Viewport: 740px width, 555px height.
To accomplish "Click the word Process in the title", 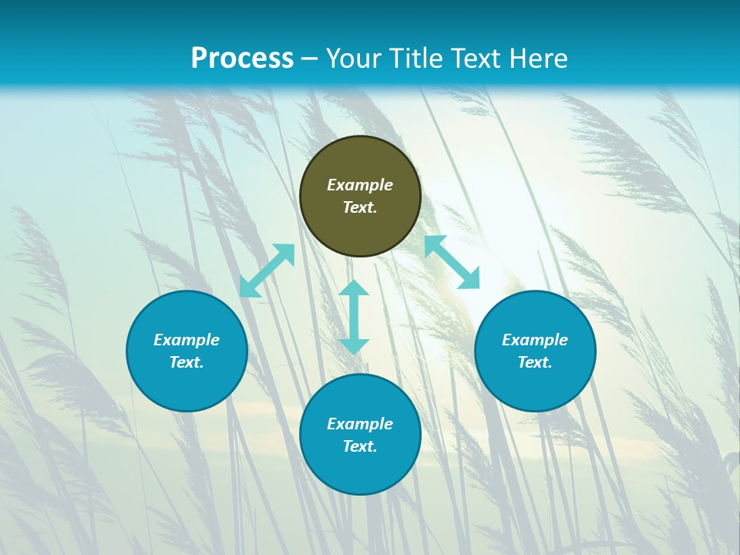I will [x=242, y=59].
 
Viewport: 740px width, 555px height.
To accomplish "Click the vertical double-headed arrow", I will [x=354, y=317].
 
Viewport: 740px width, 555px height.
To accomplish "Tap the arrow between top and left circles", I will [x=267, y=271].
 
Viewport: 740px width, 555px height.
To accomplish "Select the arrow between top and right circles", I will [x=452, y=262].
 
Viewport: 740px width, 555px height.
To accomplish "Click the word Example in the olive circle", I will [x=360, y=185].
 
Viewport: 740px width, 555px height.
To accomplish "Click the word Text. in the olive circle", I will [x=360, y=207].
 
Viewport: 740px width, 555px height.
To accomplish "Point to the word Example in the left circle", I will [x=187, y=340].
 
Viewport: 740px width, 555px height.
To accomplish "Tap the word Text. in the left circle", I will [x=187, y=362].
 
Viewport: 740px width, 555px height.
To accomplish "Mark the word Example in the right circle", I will [x=535, y=340].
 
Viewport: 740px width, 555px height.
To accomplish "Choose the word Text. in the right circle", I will [x=535, y=362].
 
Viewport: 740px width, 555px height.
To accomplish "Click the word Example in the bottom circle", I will [x=360, y=424].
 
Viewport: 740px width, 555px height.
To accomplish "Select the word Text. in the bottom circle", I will [x=360, y=446].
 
